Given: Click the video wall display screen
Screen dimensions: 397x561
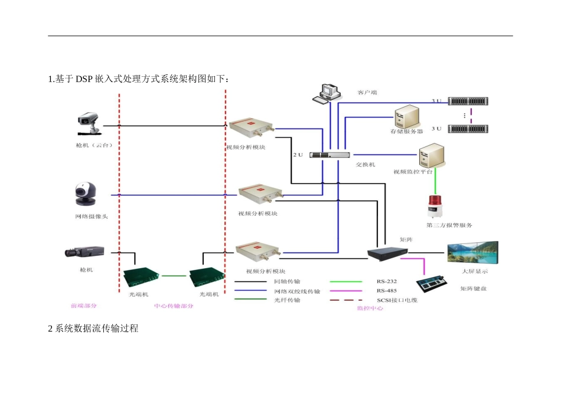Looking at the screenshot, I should (472, 253).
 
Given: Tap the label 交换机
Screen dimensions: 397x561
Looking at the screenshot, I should (365, 165).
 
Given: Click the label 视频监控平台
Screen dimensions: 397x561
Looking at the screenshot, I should (413, 172).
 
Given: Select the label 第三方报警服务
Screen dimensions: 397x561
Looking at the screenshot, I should (449, 225).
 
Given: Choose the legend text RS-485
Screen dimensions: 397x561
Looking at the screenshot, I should (387, 291).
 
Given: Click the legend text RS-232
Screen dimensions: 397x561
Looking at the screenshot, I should (387, 282).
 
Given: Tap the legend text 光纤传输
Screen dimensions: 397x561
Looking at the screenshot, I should (288, 300).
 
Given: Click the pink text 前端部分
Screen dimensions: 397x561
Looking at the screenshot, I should (83, 306).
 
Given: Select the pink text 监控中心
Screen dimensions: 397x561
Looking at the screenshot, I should (370, 308).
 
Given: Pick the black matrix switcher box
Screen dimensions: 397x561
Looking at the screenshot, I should (387, 253).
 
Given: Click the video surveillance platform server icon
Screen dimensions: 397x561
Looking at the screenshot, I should (428, 157).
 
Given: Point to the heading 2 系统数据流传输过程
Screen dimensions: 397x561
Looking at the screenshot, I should (93, 328).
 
